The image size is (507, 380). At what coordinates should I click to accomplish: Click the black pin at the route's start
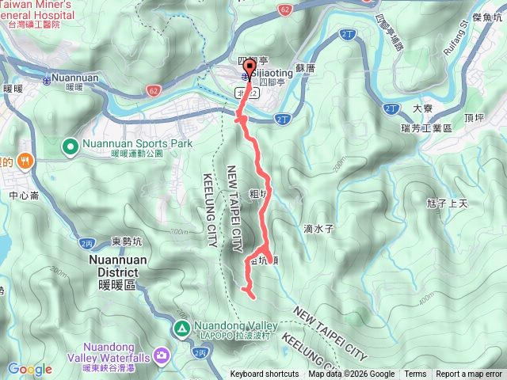click(x=250, y=67)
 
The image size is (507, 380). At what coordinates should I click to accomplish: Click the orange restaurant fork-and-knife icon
click(x=26, y=159)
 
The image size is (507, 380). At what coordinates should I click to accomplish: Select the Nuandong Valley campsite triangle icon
click(x=181, y=328)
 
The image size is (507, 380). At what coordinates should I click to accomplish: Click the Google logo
click(x=29, y=369)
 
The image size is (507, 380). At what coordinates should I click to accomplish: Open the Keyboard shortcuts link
click(x=265, y=374)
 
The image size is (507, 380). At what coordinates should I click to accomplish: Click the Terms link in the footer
click(x=415, y=374)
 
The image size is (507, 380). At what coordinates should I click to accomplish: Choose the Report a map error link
click(x=469, y=374)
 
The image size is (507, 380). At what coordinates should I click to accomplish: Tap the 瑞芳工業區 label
click(x=426, y=127)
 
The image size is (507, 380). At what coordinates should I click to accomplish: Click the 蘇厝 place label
click(x=305, y=69)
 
